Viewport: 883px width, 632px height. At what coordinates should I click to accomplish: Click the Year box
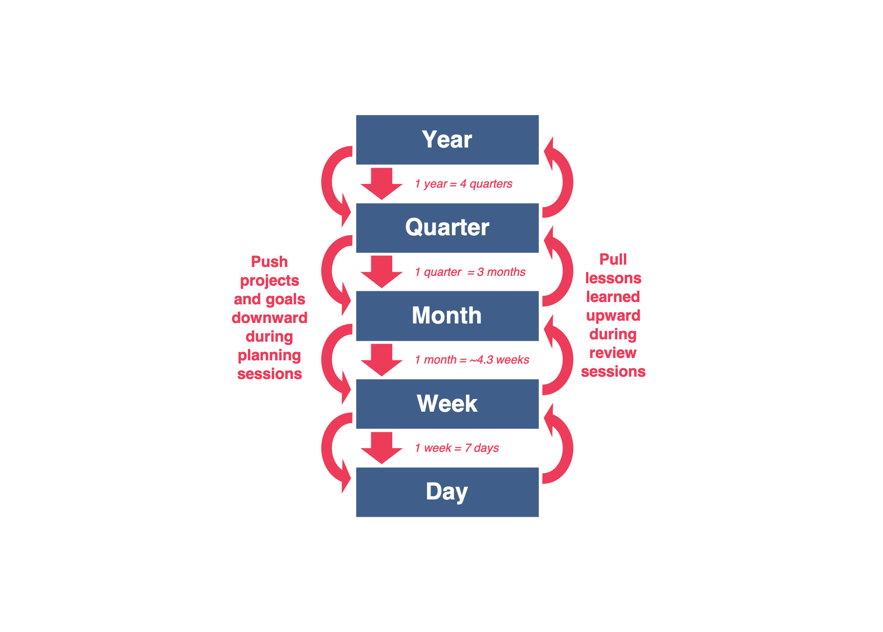[447, 140]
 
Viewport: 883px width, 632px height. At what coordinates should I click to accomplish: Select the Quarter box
[447, 228]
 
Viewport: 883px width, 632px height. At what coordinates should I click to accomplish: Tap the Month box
[447, 316]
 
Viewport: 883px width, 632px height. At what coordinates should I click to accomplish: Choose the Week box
[447, 404]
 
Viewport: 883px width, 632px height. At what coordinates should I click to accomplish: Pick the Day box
[447, 492]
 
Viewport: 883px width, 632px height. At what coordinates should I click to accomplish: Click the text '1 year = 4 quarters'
[463, 184]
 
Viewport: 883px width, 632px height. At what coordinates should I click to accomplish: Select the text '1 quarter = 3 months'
[470, 272]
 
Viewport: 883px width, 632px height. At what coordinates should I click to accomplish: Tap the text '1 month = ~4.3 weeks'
[472, 360]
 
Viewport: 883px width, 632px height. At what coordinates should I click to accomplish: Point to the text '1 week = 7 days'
[457, 448]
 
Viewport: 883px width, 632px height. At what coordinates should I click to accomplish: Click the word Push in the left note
[269, 262]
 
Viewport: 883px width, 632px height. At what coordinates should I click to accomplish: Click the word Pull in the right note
[613, 260]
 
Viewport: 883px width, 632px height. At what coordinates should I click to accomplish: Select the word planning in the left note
[269, 356]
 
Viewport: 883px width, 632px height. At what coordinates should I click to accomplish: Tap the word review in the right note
[613, 353]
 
